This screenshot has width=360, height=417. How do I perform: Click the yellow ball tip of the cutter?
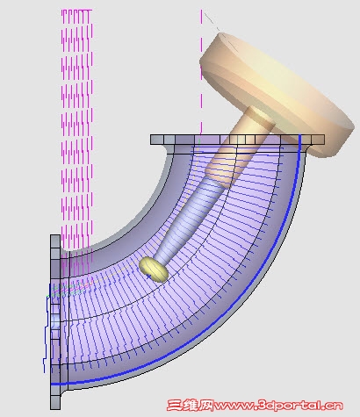(154, 270)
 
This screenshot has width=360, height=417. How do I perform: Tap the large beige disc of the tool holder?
(277, 94)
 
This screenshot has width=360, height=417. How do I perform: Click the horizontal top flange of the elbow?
(237, 140)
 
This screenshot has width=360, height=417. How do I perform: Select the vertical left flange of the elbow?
(55, 322)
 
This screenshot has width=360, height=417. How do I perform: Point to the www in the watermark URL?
(234, 406)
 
